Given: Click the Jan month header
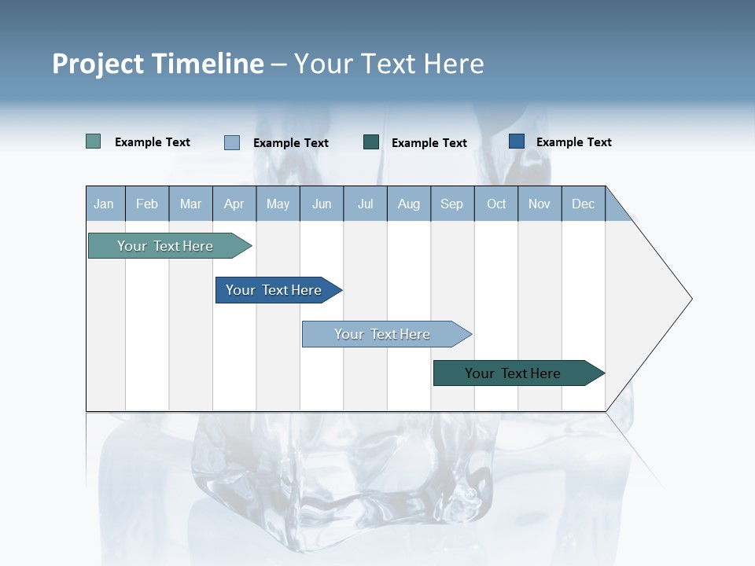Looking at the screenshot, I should point(105,204).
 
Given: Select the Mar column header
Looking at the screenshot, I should point(190,204).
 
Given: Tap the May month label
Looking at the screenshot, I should point(278,204).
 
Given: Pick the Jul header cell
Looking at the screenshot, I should point(365,204).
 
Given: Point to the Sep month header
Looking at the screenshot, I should point(451,204).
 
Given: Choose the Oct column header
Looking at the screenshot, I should point(496,204).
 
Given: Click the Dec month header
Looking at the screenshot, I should point(583,204).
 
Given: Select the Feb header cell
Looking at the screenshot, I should point(147,204).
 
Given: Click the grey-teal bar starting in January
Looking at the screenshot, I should point(165,246).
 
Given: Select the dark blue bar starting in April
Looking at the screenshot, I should point(274,290).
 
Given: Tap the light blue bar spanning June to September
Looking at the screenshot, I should point(382,334).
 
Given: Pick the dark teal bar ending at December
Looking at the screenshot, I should point(513,373).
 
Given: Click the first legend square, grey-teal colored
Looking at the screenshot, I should point(94,141).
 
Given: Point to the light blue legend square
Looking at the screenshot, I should point(232,142).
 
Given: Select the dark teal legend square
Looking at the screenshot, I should point(371,141).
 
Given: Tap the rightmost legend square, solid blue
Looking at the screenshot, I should point(517,141).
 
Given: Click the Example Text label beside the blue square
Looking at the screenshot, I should point(573,142).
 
